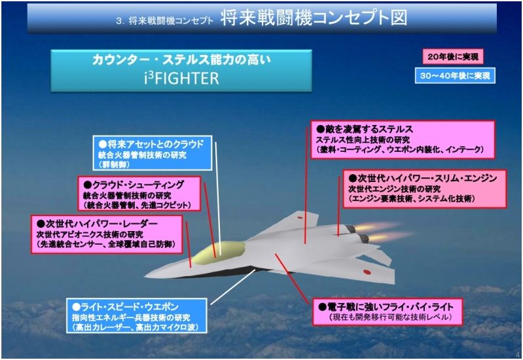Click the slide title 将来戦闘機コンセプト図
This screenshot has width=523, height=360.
point(314,18)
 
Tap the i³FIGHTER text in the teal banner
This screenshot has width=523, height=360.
point(181,78)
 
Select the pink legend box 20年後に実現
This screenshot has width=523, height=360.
point(453,57)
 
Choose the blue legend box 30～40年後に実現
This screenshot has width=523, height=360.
point(455,76)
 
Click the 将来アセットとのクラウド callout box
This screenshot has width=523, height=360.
point(153,153)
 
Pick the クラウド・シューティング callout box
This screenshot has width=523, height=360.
point(139,194)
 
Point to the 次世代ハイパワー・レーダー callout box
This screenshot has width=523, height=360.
point(107,234)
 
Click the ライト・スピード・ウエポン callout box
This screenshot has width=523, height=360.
point(136,316)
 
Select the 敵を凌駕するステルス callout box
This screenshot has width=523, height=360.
point(403,139)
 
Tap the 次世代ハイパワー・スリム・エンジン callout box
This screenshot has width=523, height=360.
point(425,189)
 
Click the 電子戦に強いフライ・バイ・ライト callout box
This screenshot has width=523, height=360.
point(388,312)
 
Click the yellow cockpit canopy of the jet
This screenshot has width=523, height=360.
point(219,252)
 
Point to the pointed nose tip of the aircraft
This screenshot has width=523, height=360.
point(145,277)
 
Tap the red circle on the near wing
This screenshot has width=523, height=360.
point(367,272)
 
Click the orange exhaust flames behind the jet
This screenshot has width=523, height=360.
point(384,232)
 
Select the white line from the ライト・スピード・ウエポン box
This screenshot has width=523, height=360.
point(233,287)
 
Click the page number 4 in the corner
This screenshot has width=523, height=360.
point(517,354)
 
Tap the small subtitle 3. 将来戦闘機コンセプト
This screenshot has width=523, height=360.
point(164,20)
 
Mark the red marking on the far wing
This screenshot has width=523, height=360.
point(300,217)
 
